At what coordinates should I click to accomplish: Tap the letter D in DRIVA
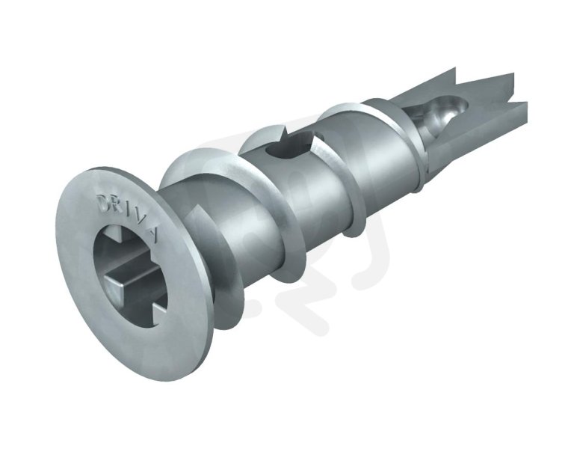(x=103, y=201)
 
